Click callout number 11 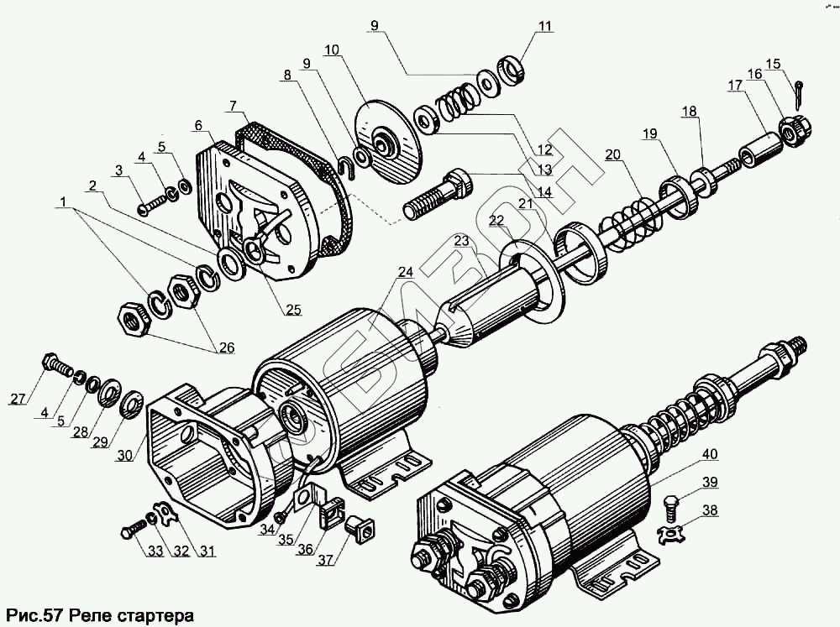[546, 26]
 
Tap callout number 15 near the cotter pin [774, 63]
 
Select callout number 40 [711, 454]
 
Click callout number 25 [292, 310]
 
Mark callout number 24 [406, 272]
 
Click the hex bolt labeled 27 [56, 365]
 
